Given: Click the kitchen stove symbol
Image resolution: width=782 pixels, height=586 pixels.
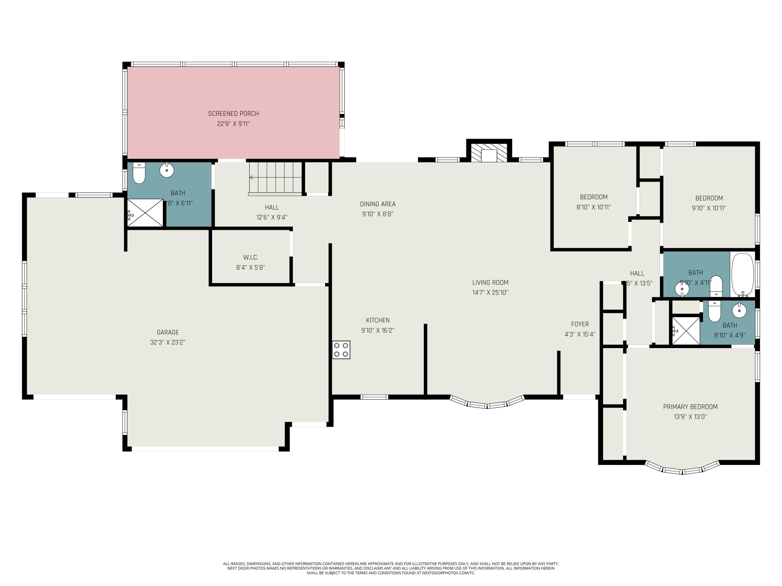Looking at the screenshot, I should (341, 350).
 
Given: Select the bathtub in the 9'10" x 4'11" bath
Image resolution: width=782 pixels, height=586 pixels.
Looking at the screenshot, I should (743, 275).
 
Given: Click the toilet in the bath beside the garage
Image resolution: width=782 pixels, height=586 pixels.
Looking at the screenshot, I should (139, 173).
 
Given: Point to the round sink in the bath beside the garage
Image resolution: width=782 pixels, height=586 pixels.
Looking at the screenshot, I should (167, 170).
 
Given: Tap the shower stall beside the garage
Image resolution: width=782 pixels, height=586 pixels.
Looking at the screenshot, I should (145, 213).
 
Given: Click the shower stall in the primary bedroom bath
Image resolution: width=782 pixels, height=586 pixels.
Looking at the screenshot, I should (686, 330).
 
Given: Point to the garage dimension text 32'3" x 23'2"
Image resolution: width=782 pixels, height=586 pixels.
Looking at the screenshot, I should (168, 342).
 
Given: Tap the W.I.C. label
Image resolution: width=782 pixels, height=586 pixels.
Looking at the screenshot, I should (251, 257).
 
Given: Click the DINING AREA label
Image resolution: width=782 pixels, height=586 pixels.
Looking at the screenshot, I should (377, 204).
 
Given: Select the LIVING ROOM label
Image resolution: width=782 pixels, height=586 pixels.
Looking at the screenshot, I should (490, 283).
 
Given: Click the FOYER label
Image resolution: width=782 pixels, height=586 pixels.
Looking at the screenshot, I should (580, 324).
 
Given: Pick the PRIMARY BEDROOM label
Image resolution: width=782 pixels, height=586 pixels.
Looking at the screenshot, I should (690, 407).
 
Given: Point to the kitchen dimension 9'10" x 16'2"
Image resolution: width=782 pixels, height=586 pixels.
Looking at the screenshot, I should (377, 330).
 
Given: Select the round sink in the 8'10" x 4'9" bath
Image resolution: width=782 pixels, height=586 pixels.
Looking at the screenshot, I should (739, 310).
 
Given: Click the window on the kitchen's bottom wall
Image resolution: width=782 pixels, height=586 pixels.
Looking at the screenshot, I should (374, 397).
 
